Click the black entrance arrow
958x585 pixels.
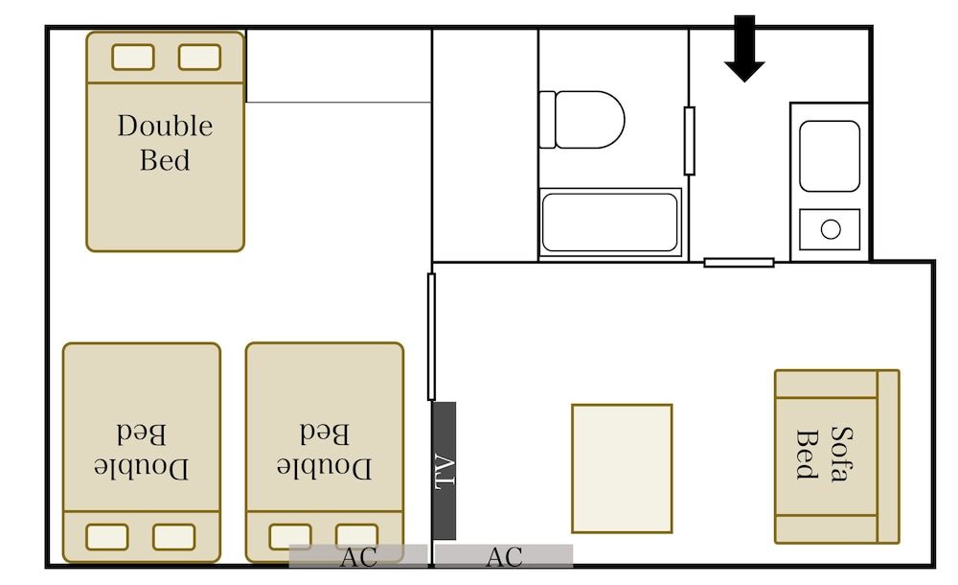pos(744,48)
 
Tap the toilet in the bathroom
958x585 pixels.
pos(582,119)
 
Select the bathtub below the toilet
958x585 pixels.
pos(609,222)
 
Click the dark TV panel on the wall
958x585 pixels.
pos(445,471)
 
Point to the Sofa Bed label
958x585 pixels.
pos(824,455)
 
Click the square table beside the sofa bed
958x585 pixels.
pos(622,468)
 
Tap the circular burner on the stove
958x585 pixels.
pos(831,229)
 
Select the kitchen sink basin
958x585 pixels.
pos(829,156)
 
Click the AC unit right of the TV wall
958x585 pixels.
pos(504,556)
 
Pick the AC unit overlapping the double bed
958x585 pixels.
pos(358,556)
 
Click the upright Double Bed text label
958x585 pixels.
pos(165,143)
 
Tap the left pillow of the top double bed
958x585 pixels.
pos(133,58)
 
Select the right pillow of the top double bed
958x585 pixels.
pos(200,58)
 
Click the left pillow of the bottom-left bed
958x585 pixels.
pos(107,537)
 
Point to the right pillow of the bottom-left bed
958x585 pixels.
pos(174,537)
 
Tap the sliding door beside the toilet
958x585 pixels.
pos(689,141)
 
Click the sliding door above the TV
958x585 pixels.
pos(431,337)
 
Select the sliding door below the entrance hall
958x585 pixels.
pos(739,263)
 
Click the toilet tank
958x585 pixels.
pos(547,119)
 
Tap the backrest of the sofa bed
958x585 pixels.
pos(888,456)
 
